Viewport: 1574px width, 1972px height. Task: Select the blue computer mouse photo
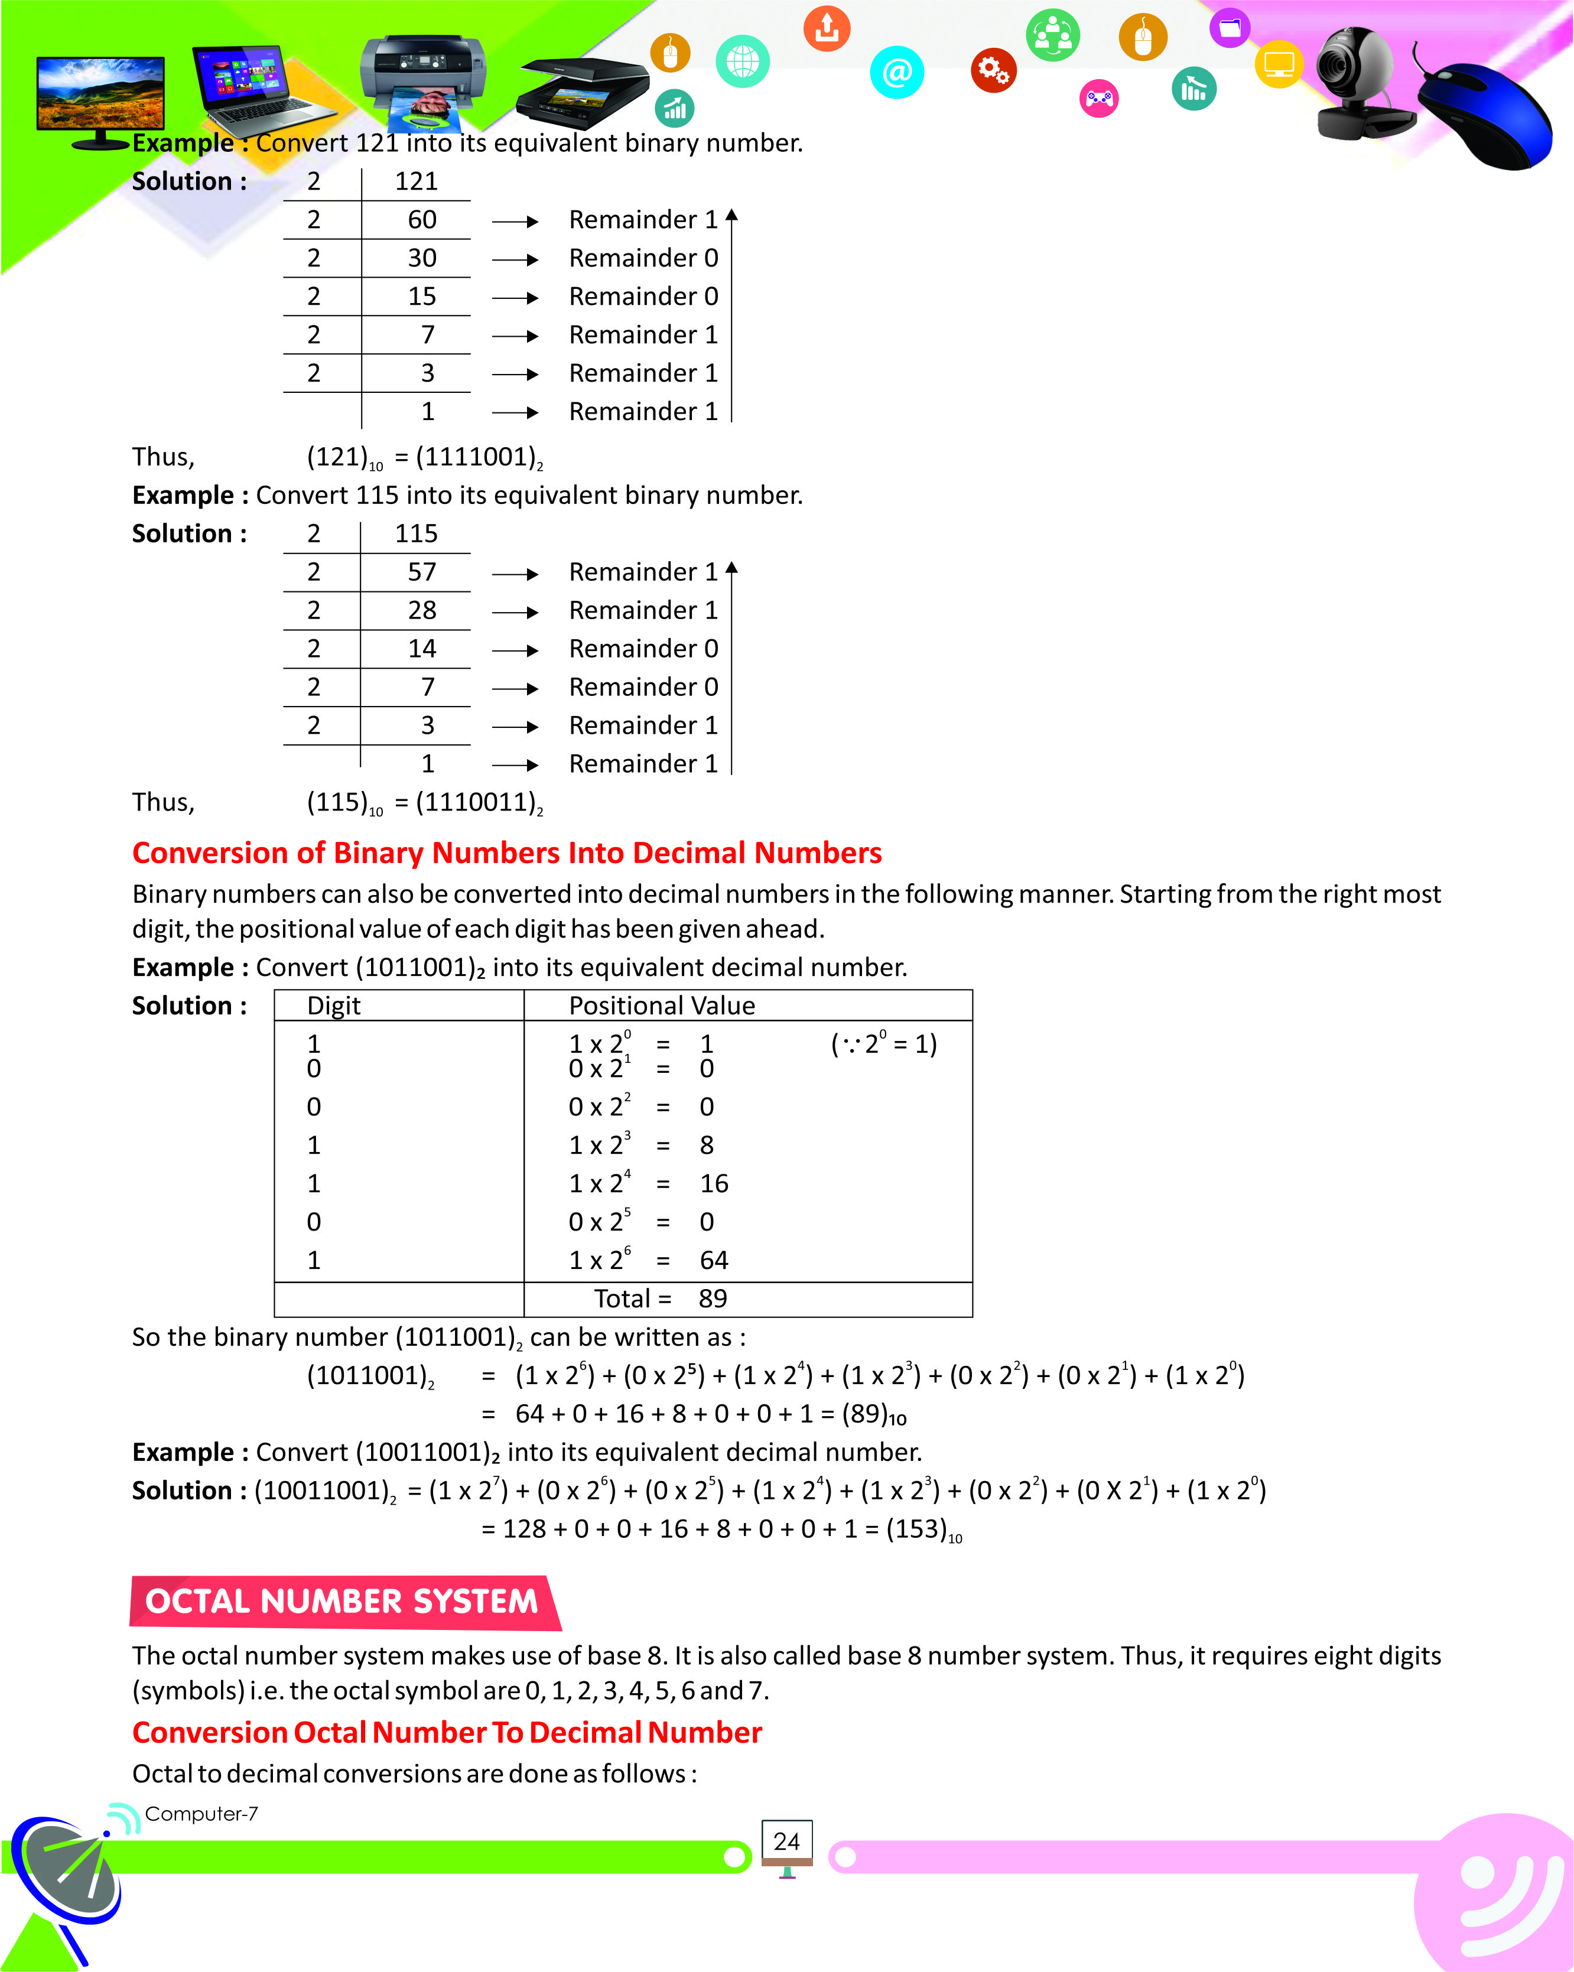click(x=1486, y=115)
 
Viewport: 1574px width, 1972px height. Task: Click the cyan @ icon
click(x=896, y=72)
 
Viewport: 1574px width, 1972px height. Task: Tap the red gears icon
click(x=993, y=70)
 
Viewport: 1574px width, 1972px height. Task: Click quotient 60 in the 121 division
click(x=422, y=220)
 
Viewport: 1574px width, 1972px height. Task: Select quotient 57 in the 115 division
click(x=422, y=572)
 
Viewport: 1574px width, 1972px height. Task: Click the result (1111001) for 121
click(x=476, y=457)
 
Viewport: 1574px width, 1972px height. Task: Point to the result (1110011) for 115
click(x=476, y=802)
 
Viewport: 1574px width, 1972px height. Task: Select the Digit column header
click(x=334, y=1005)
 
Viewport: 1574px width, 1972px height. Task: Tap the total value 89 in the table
click(x=713, y=1298)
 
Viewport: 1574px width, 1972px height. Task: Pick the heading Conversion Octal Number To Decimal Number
click(x=447, y=1732)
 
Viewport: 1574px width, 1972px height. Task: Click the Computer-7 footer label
click(x=201, y=1813)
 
